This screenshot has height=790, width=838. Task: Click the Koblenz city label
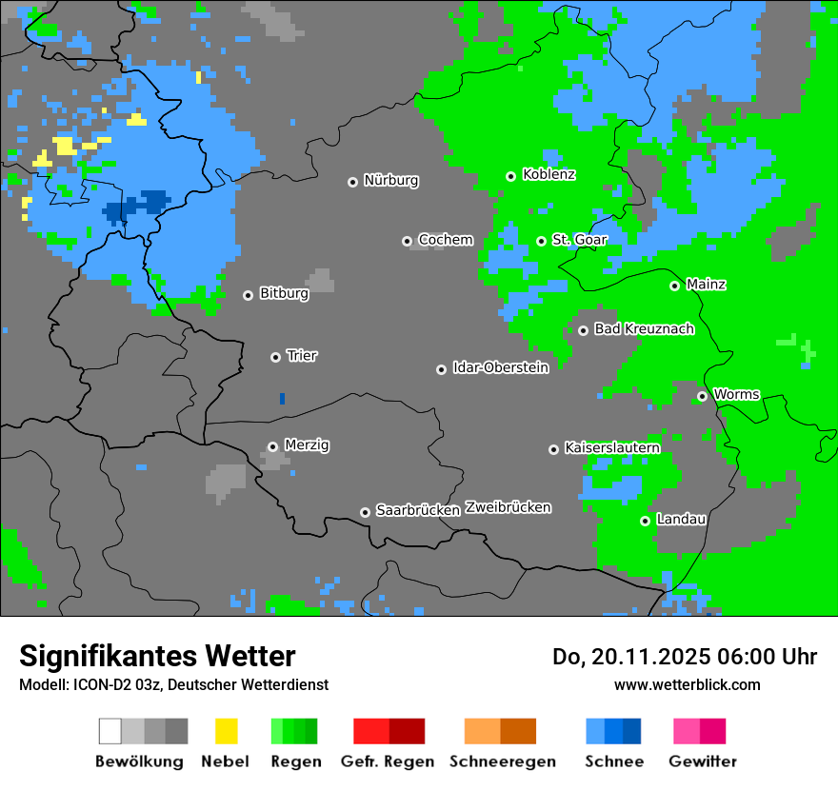pos(549,175)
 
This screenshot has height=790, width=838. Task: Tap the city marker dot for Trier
pos(276,357)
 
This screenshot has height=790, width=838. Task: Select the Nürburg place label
pos(390,180)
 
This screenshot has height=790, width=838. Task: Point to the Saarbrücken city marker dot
pos(365,512)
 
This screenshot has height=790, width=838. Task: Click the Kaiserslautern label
pos(611,447)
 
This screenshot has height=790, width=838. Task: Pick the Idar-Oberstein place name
pos(500,367)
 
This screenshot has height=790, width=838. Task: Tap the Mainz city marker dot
pos(674,286)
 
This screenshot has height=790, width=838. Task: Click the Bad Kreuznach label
pos(644,329)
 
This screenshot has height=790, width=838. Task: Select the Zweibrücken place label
pos(508,507)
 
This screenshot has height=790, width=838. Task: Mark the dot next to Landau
pos(645,521)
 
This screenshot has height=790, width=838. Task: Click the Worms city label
pos(736,394)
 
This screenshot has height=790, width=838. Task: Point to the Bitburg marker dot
pos(248,295)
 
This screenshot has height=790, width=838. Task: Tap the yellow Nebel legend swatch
pos(226,731)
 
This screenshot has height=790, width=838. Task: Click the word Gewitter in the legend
pos(702,761)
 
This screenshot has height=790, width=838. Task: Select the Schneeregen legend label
pos(502,761)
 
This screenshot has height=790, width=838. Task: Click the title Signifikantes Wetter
pos(157,656)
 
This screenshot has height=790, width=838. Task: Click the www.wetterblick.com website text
pos(687,684)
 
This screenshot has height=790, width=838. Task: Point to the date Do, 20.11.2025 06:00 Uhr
pos(684,657)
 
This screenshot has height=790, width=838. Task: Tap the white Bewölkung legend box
pos(110,731)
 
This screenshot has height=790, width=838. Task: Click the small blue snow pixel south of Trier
pos(282,399)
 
